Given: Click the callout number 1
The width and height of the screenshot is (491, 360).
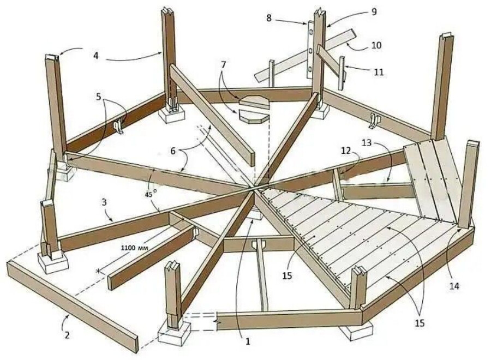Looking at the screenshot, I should click(247, 341).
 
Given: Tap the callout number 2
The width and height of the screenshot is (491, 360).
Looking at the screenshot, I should click(67, 334).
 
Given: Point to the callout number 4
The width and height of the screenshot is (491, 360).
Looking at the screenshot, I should click(96, 56).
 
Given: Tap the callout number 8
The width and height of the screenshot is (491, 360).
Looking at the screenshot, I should click(269, 18).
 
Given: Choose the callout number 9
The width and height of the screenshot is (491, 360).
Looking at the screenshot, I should click(374, 10).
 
